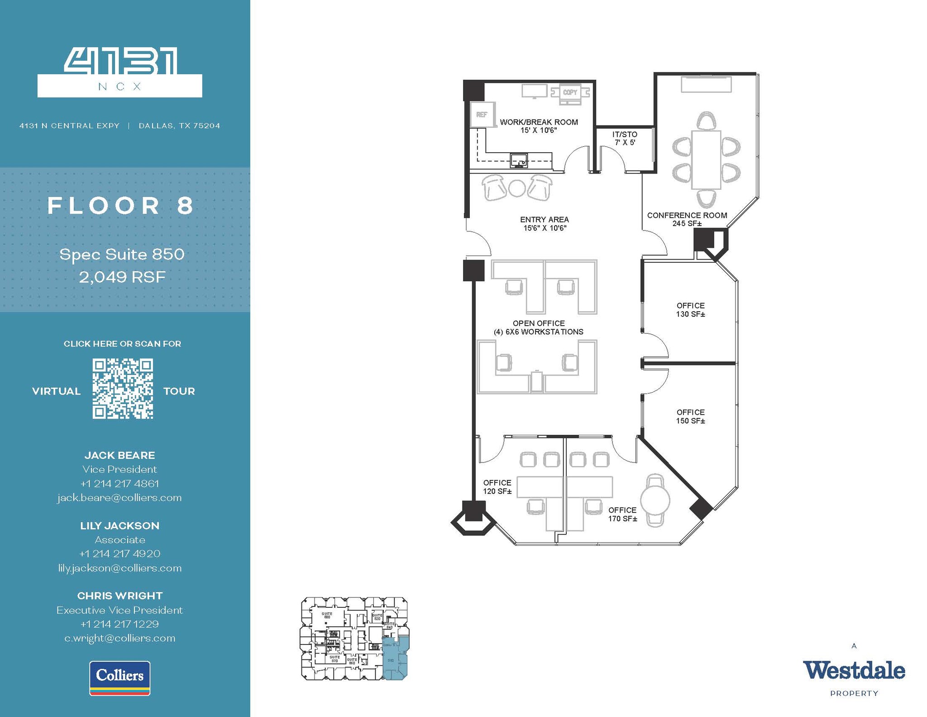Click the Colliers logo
tap(120, 678)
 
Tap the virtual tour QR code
tap(123, 389)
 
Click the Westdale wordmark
tap(854, 671)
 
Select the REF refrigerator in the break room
tap(482, 115)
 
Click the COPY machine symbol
tap(570, 92)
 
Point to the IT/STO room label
tap(625, 138)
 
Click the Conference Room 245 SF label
tap(687, 219)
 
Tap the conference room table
tap(706, 159)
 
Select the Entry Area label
tap(545, 223)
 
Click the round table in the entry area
tap(517, 188)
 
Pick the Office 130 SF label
tap(690, 310)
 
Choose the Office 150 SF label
tap(690, 416)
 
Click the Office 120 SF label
tap(497, 487)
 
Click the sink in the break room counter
tap(519, 160)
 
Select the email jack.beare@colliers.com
tap(119, 498)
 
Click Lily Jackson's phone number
tap(119, 553)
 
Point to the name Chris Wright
tap(119, 596)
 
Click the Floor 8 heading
tap(121, 206)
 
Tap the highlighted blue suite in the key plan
tap(394, 659)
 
